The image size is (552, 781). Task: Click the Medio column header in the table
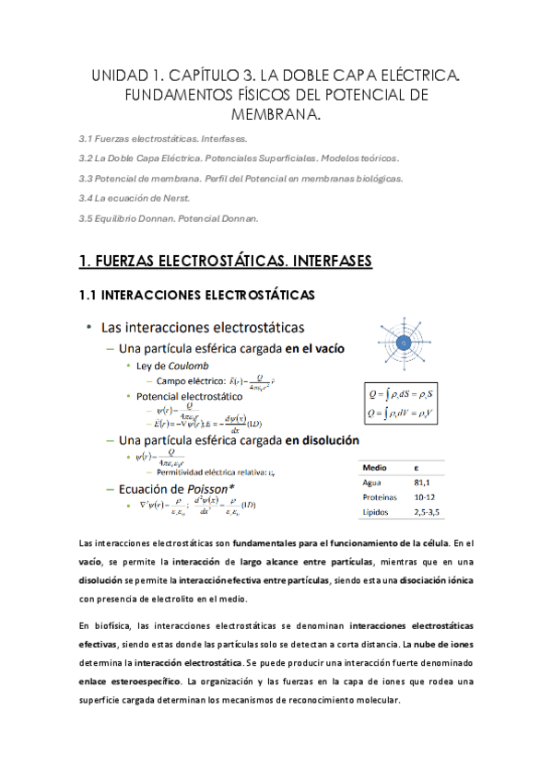(375, 468)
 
